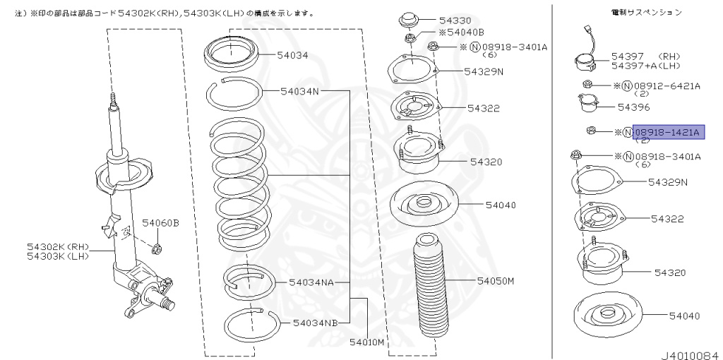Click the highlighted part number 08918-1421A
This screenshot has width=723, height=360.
click(667, 132)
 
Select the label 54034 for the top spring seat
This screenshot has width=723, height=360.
click(292, 54)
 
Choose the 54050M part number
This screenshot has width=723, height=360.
click(495, 281)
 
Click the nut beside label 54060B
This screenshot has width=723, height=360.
click(157, 248)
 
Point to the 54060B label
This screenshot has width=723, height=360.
click(160, 224)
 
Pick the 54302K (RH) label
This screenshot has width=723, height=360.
click(58, 246)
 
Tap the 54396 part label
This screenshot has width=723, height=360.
click(633, 107)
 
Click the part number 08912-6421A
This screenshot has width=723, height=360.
click(667, 86)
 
